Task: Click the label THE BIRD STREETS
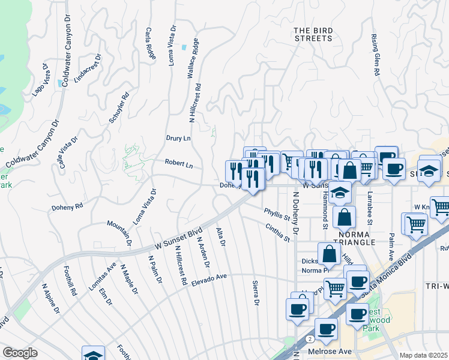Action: coord(312,34)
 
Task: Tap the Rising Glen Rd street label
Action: coord(375,55)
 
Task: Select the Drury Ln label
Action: coord(178,138)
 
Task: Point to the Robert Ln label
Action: coord(179,163)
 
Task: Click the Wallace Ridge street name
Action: coord(192,59)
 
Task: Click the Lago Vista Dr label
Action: coord(39,78)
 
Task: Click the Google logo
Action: coord(20,353)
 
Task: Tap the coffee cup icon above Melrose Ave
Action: coord(327,329)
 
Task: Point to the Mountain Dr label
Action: coord(119,233)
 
